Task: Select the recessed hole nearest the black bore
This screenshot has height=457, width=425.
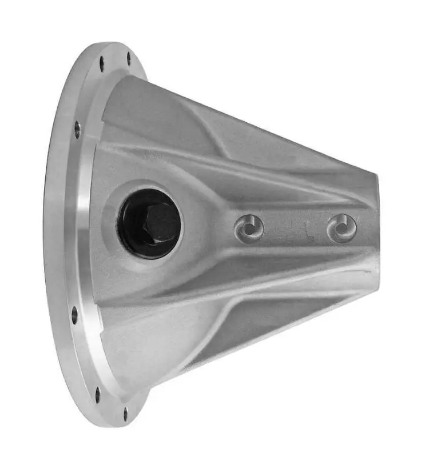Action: [249, 228]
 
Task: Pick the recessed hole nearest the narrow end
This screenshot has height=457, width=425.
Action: [342, 228]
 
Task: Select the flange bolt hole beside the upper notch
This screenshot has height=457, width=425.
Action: [77, 130]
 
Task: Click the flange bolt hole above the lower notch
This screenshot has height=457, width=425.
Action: [74, 314]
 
